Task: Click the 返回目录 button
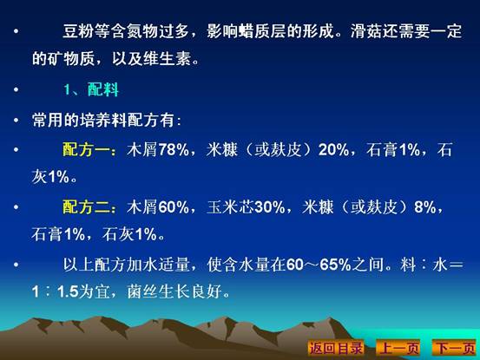(336, 348)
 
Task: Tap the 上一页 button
(398, 348)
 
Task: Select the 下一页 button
(455, 348)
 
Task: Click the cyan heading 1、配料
(91, 89)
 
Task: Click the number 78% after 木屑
(174, 150)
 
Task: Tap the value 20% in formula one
(333, 150)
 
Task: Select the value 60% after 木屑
(174, 207)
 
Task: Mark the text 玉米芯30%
(246, 207)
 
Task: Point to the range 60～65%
(319, 265)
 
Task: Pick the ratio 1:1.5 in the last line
(55, 291)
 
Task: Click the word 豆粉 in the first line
(78, 31)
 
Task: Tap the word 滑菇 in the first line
(366, 31)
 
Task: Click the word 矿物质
(71, 58)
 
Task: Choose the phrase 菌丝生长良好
(174, 291)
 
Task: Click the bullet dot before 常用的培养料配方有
(16, 121)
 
